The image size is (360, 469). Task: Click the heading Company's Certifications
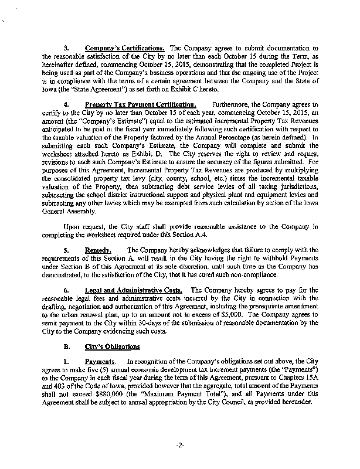tap(125, 47)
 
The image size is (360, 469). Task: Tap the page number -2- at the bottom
tap(180, 446)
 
